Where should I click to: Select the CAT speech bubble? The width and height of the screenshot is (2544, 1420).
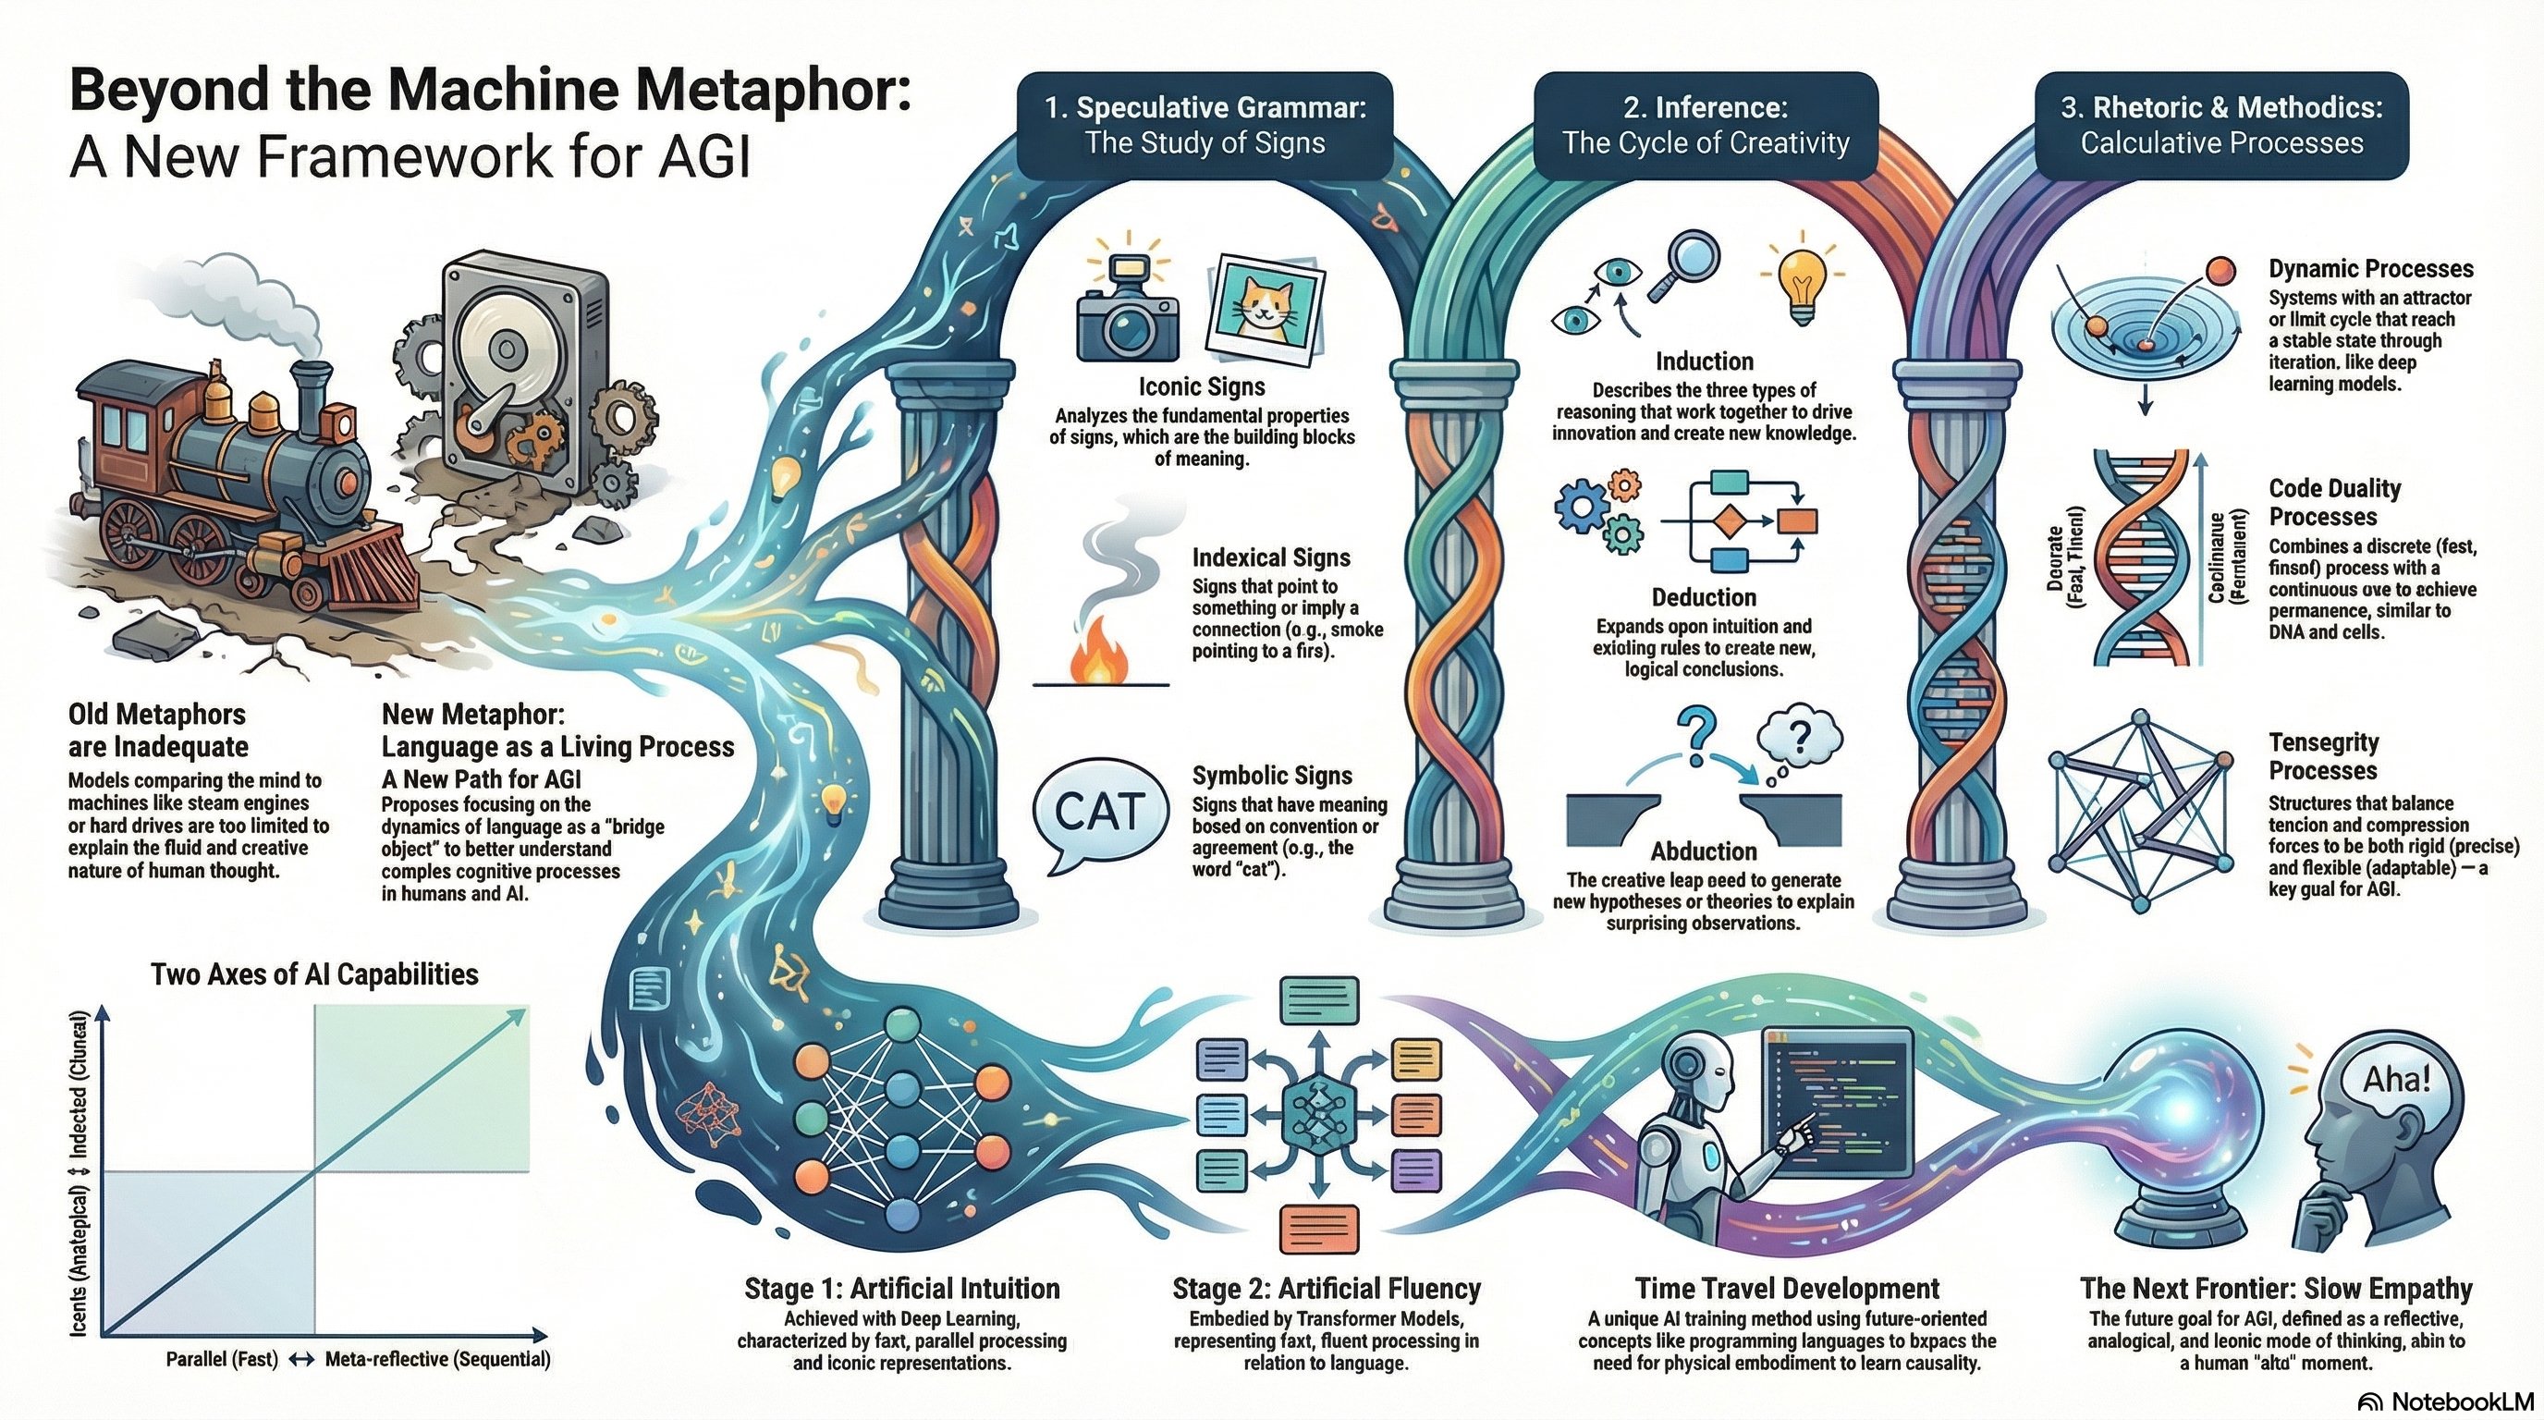tap(1099, 812)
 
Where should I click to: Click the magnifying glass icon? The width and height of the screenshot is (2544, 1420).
tap(1688, 263)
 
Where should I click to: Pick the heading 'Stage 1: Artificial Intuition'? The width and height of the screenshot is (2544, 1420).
tap(901, 1289)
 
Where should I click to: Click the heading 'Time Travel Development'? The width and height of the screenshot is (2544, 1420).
tap(1787, 1289)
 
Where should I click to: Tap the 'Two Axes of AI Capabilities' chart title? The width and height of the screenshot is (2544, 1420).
tap(314, 974)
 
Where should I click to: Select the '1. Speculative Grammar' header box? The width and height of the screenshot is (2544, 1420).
tap(1205, 126)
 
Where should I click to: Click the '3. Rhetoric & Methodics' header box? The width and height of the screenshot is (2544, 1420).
tap(2221, 126)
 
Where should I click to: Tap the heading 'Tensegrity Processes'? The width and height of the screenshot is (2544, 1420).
tap(2323, 755)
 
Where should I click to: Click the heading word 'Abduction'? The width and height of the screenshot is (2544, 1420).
tap(1704, 851)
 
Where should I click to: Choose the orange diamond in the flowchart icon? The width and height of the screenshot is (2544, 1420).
tap(1730, 520)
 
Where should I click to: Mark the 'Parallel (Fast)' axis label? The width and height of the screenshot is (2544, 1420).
tap(221, 1360)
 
